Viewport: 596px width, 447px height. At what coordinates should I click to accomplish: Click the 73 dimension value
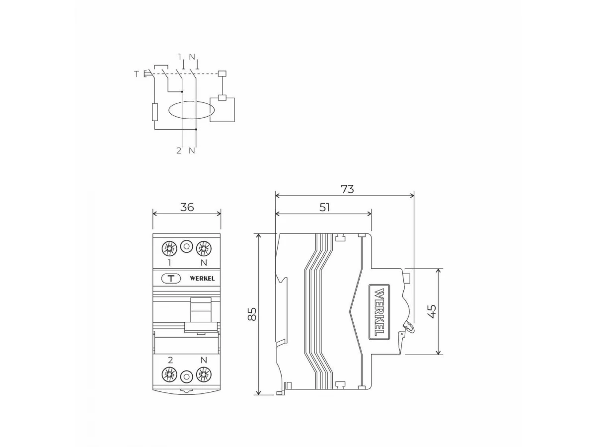point(347,189)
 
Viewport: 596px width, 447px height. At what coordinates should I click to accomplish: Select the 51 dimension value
point(324,208)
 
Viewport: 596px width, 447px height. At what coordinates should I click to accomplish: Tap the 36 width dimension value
point(187,207)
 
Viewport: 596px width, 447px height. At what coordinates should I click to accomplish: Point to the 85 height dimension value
point(252,314)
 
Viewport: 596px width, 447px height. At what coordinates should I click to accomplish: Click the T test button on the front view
point(171,279)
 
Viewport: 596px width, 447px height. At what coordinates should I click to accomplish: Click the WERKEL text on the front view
point(202,279)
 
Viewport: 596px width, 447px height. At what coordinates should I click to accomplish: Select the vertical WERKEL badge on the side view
point(379,312)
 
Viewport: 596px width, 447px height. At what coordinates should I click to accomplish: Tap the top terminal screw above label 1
point(169,248)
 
